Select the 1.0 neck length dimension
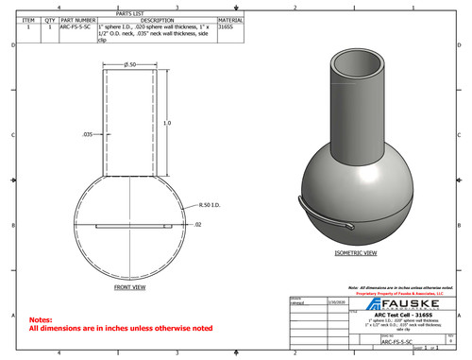(x=167, y=124)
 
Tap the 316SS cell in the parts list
(x=225, y=27)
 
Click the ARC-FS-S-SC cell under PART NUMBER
(x=77, y=27)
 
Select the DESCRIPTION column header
(x=157, y=19)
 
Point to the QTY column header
(x=48, y=19)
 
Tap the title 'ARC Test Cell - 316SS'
(x=400, y=315)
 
